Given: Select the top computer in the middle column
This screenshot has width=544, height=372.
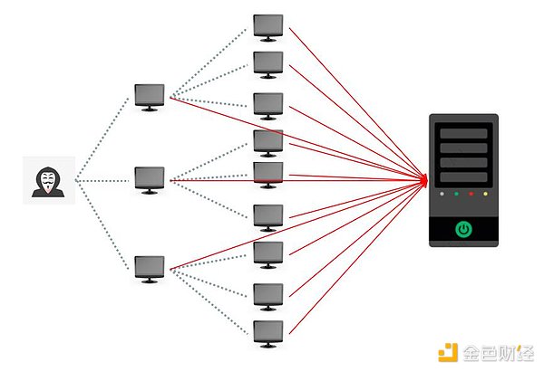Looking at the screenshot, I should [150, 96].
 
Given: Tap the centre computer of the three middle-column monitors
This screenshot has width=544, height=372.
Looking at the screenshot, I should [150, 178].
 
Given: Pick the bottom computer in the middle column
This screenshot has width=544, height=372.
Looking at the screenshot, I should [150, 267].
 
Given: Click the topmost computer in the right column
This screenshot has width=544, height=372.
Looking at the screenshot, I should [267, 26].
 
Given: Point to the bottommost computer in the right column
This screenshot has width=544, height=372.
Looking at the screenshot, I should [267, 332].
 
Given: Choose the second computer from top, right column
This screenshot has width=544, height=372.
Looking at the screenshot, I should [267, 63].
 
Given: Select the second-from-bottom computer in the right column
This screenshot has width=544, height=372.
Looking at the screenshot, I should [267, 295].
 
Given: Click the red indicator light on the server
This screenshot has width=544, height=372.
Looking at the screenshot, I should [471, 194].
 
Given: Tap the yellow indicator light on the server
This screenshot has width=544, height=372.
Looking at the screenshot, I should [487, 194].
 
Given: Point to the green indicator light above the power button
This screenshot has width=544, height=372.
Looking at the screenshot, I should [456, 194].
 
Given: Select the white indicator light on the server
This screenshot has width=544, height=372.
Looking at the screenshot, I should [442, 194].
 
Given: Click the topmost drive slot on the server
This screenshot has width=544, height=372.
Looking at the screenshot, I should [463, 132].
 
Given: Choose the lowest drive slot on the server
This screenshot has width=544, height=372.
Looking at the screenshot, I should [463, 176].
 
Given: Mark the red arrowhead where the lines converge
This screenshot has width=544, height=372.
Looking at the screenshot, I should [423, 180].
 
